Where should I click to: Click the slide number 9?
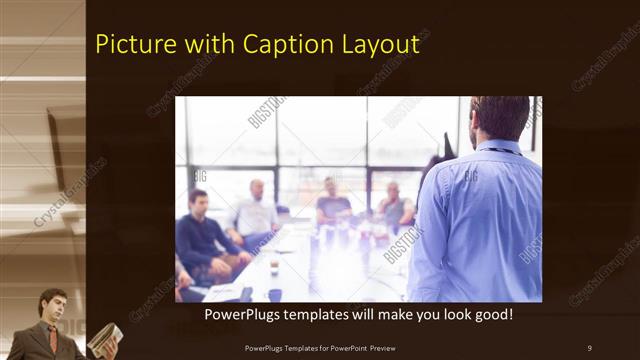[x=589, y=347]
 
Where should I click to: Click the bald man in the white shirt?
[x=256, y=210]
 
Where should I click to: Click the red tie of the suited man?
[x=52, y=338]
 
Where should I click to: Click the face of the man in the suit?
[x=53, y=306]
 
